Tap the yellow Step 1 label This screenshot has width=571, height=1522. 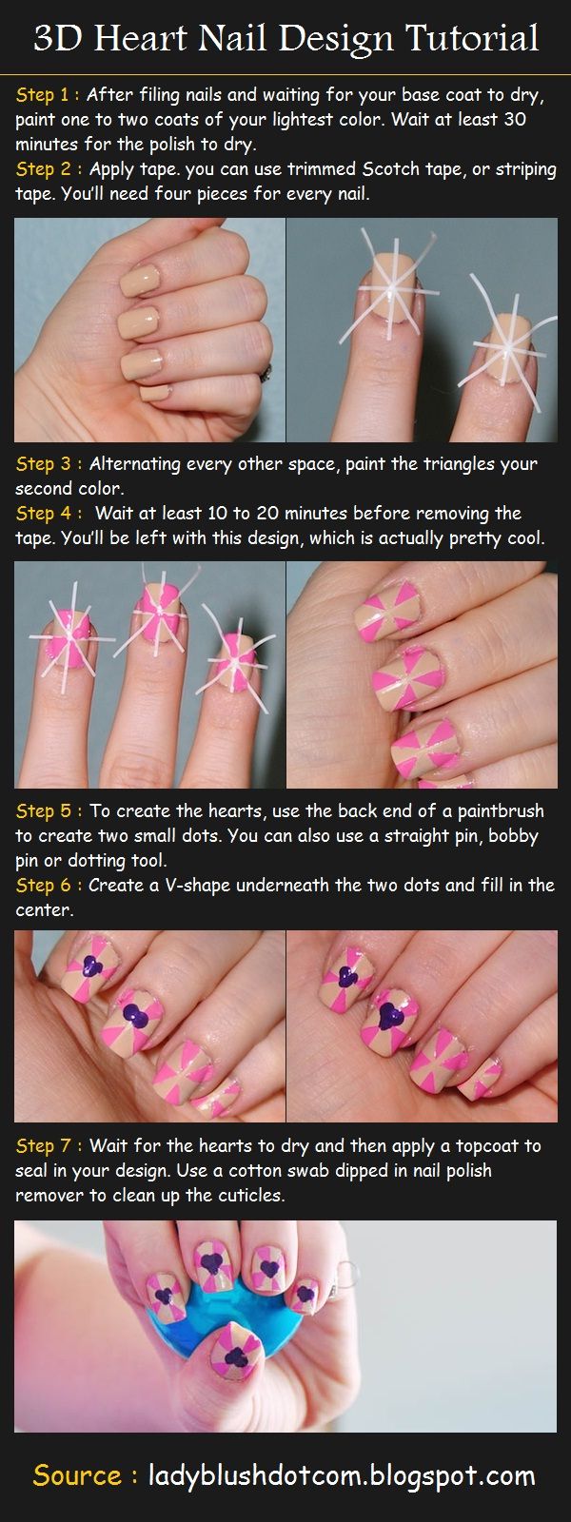[48, 95]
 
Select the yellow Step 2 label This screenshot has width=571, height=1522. [48, 169]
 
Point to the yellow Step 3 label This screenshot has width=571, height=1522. [48, 464]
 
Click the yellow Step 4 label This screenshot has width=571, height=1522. [48, 514]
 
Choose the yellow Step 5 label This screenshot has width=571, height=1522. [48, 811]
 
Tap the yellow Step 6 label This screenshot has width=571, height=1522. [48, 886]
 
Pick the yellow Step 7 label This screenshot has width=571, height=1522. [48, 1145]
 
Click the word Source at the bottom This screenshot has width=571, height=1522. [77, 1475]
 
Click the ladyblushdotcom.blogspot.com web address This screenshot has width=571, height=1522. [342, 1475]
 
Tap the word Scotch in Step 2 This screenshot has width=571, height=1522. [395, 169]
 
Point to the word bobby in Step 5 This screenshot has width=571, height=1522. [514, 836]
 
